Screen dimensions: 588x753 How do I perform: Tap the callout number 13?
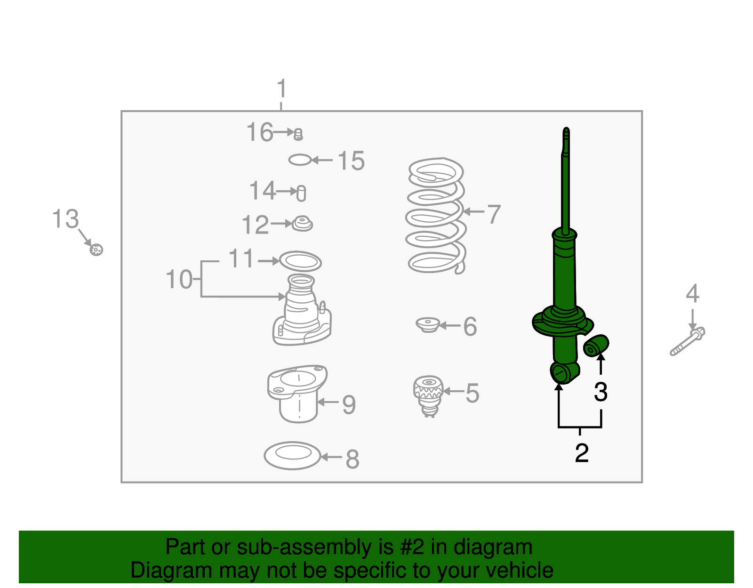65,219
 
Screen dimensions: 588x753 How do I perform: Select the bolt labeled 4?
688,342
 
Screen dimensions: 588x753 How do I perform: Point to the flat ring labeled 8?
292,455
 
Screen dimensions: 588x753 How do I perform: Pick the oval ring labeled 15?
300,160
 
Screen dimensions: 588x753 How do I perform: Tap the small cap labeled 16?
298,135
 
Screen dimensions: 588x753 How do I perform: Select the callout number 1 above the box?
281,89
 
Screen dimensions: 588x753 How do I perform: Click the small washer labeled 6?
428,325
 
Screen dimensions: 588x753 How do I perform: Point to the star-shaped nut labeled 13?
96,250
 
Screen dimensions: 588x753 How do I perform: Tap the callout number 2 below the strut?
582,453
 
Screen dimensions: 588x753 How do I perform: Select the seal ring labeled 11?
300,261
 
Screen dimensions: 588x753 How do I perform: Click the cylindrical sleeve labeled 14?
302,193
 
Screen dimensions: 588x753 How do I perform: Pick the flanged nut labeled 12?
302,224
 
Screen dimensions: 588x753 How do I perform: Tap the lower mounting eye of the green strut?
561,373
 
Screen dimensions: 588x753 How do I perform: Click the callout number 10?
179,280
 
